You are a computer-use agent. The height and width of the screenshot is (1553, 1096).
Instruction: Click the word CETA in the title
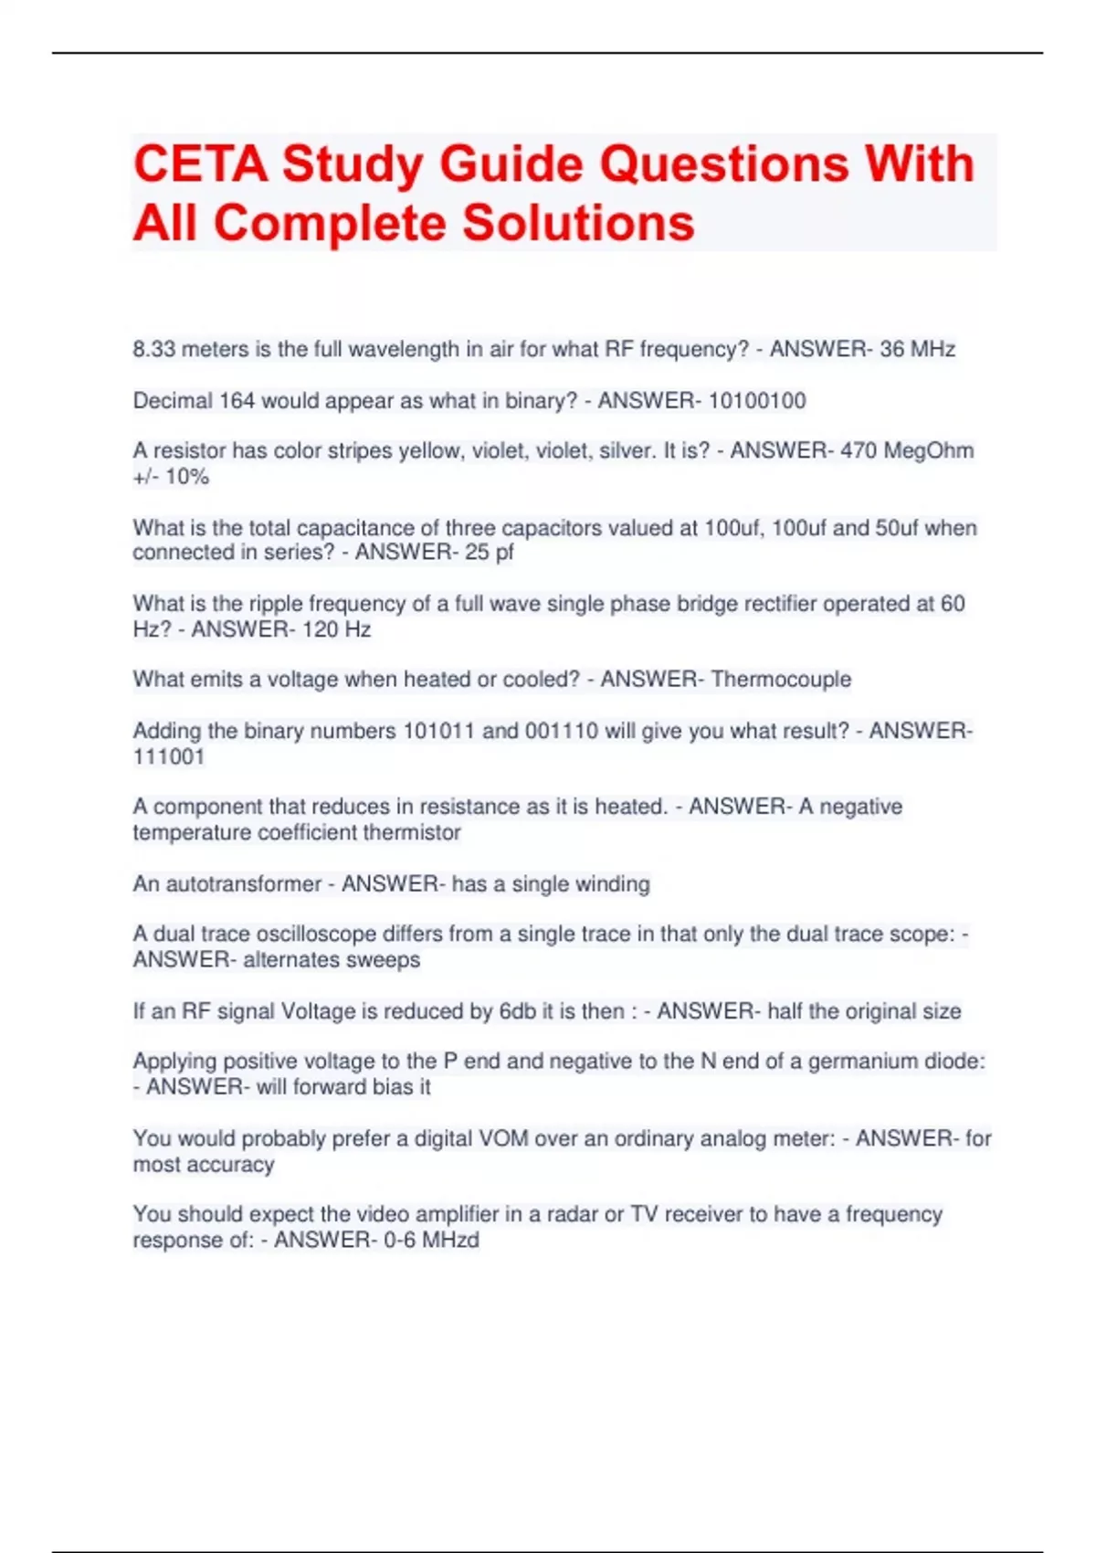click(x=201, y=164)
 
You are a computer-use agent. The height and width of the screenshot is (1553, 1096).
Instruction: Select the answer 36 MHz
click(x=917, y=349)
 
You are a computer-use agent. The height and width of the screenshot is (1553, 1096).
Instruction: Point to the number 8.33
click(x=154, y=349)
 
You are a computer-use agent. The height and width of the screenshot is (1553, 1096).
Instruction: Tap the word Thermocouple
click(x=781, y=680)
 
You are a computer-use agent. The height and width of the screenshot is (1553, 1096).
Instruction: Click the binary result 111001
click(x=169, y=756)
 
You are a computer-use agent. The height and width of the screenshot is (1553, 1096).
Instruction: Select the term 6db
click(x=518, y=1011)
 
